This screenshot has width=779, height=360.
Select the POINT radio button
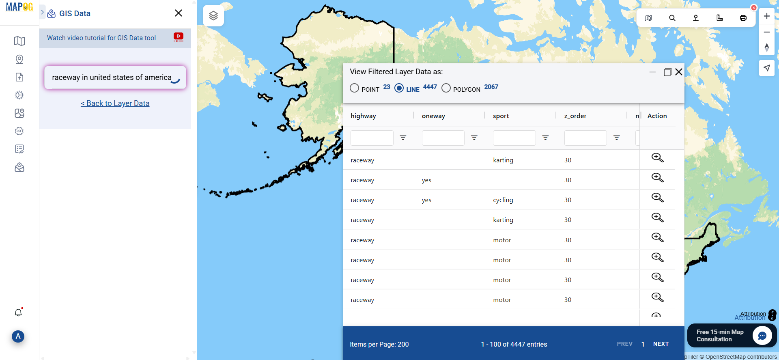354,88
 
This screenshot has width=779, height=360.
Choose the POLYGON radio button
446,88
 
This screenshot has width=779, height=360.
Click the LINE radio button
399,88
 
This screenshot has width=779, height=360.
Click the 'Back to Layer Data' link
115,103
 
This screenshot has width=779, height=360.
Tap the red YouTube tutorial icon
178,37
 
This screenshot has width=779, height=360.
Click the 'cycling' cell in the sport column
503,200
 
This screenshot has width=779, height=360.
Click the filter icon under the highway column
403,138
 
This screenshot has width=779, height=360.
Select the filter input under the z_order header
585,138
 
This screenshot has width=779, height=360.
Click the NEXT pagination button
661,344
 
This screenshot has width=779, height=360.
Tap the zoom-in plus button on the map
766,16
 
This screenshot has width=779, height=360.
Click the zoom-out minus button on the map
766,32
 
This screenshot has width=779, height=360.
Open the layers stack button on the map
213,16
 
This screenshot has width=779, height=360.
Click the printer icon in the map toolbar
743,18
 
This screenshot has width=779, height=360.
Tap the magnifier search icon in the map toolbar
672,18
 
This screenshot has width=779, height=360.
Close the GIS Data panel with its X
178,13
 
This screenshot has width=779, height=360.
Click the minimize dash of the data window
652,72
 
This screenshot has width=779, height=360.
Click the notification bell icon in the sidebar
18,313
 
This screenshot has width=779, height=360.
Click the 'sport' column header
501,116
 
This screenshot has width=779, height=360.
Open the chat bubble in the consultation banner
762,336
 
